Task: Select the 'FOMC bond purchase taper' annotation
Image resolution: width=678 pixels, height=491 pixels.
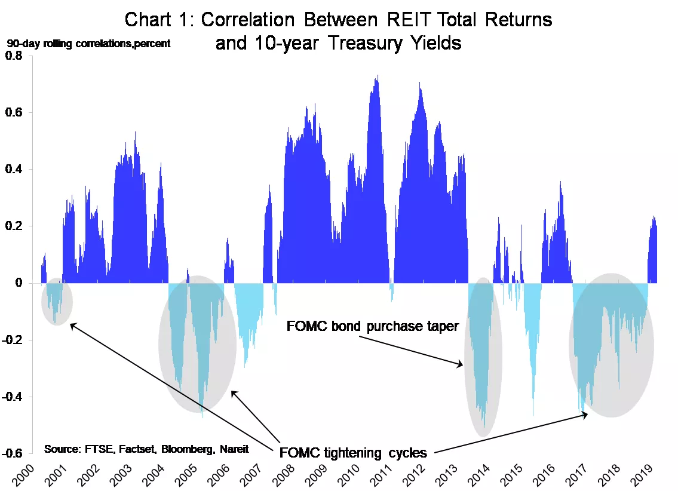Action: (x=373, y=326)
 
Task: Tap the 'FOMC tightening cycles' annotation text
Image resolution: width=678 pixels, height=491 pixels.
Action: (x=353, y=453)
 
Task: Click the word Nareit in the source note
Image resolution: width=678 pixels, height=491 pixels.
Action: (x=234, y=449)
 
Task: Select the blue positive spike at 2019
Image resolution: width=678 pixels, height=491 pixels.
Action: (x=654, y=219)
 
